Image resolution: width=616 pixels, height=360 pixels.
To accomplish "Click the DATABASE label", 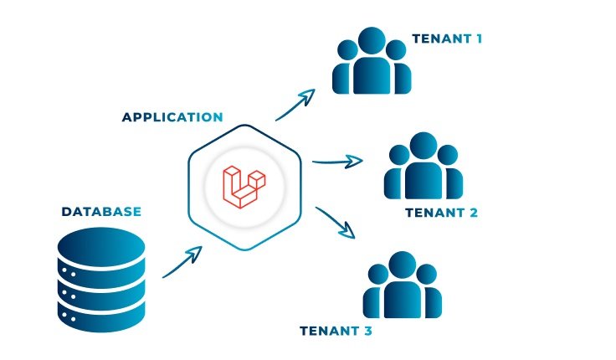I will (101, 212).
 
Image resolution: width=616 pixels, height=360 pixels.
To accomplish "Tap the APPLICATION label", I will (172, 117).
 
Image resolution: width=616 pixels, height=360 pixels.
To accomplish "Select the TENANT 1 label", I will (447, 39).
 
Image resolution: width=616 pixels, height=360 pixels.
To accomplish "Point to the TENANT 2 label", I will (441, 213).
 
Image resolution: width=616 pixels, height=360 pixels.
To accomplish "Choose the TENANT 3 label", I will (336, 331).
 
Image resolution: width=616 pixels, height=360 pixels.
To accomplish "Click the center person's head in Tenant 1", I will (371, 42).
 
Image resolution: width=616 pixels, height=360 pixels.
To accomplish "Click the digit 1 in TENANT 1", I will (478, 39).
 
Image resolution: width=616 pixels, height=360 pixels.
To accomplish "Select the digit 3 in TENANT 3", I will (367, 331).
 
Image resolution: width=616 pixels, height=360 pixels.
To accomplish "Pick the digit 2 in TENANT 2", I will (473, 213).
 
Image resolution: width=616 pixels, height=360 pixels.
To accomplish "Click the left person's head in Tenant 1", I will (346, 49).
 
